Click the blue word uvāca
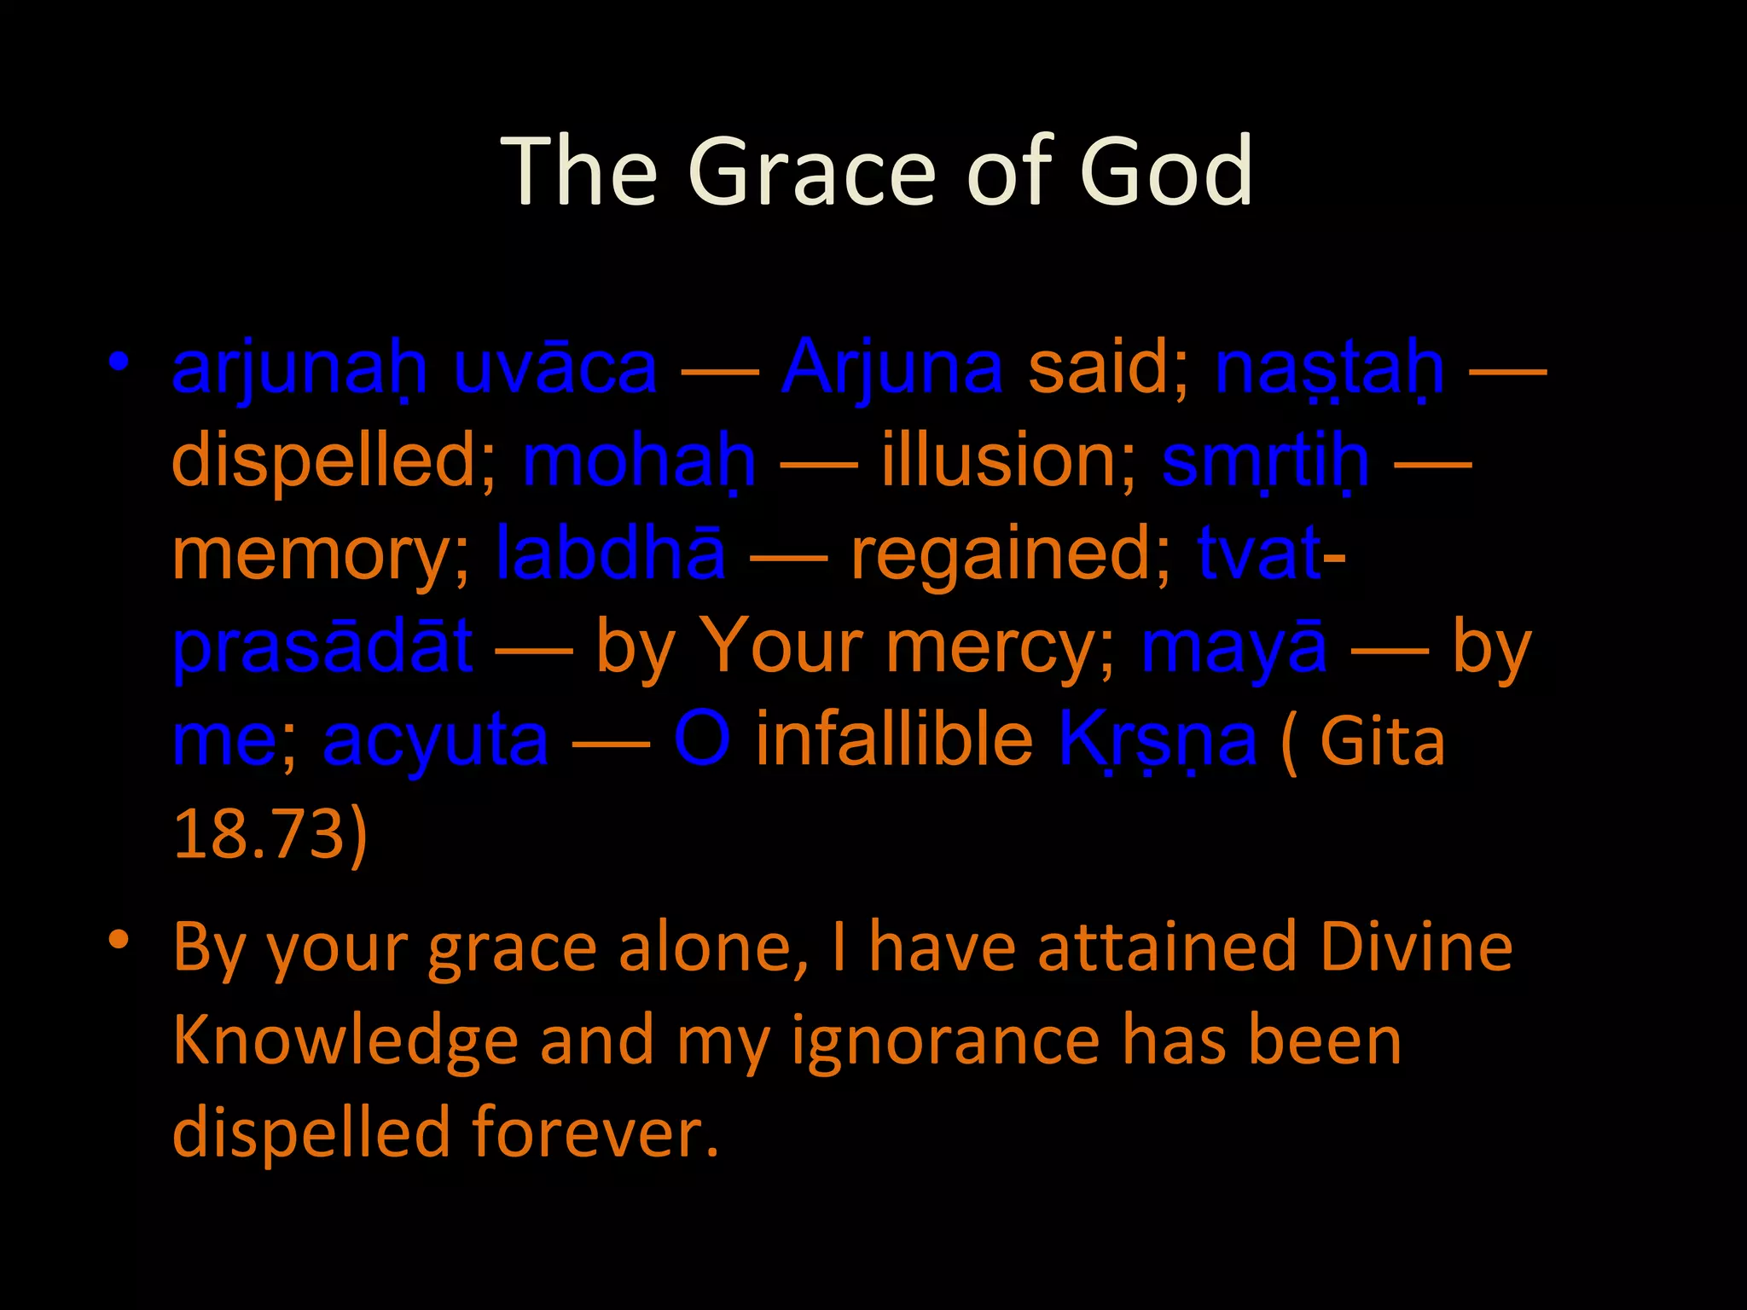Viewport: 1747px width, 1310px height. coord(555,368)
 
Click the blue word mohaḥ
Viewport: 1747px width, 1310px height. coord(639,461)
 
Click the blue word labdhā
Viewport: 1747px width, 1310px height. coord(611,554)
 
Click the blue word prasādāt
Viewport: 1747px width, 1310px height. coord(322,647)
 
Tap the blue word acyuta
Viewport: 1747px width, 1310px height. coord(435,740)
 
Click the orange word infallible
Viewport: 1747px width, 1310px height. coord(894,740)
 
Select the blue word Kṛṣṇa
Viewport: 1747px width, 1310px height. coord(1157,740)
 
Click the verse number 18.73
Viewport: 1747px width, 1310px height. coord(259,833)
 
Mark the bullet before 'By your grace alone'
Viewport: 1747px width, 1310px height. coord(119,941)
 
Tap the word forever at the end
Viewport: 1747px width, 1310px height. coord(595,1133)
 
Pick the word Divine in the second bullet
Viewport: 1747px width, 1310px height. coord(1416,948)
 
